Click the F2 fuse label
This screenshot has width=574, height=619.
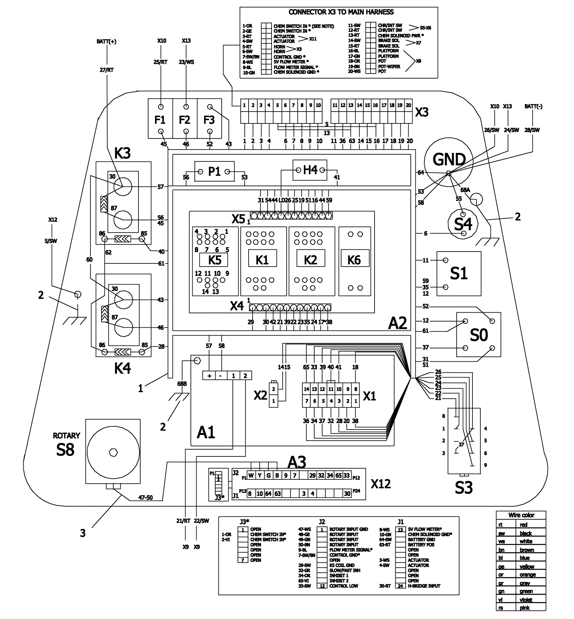[x=184, y=119]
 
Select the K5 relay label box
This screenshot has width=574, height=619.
[x=215, y=260]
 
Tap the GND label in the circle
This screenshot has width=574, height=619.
[x=449, y=159]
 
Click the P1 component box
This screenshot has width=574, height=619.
[x=214, y=172]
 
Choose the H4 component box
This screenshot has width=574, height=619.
[x=310, y=170]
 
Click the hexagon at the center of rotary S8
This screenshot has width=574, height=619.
[x=113, y=452]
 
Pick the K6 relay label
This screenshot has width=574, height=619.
[x=354, y=260]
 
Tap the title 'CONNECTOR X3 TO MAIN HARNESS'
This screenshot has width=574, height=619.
[x=341, y=12]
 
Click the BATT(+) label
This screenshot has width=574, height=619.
[x=107, y=42]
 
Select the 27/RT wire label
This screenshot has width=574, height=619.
[x=107, y=70]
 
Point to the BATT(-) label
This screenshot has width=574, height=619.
[x=533, y=107]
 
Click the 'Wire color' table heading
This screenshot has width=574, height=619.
[x=521, y=515]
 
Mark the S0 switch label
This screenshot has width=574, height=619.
[x=479, y=335]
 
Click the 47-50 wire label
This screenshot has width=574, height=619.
[x=145, y=498]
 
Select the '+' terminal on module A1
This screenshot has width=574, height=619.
[x=209, y=376]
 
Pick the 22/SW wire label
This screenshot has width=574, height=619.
[x=201, y=521]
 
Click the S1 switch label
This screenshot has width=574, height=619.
[x=458, y=273]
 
